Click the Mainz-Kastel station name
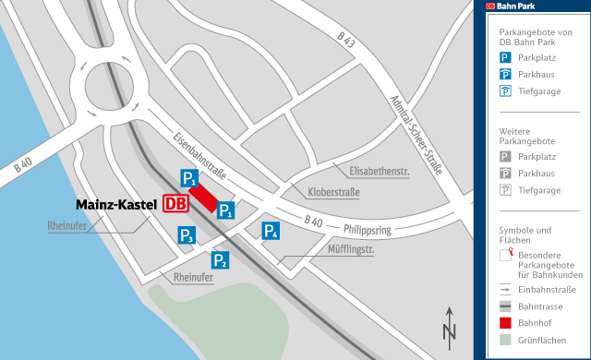116,204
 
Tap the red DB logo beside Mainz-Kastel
175,204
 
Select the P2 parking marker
220,258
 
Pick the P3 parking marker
187,236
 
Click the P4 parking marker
271,231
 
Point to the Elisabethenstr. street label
379,171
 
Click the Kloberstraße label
333,192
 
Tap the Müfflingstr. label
350,248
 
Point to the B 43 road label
346,41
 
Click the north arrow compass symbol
449,325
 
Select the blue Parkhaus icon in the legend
505,73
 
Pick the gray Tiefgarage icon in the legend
505,190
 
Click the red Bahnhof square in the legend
505,323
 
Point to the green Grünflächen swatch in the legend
505,342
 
